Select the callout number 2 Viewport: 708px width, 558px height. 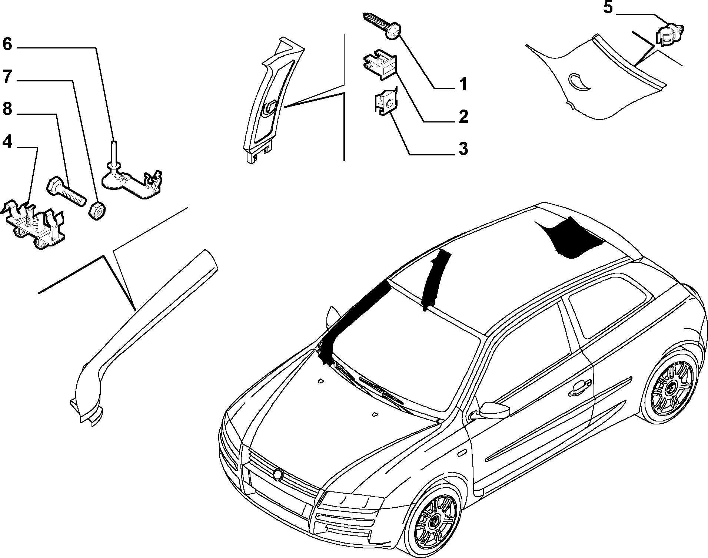coord(463,117)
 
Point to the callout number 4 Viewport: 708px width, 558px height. coord(8,141)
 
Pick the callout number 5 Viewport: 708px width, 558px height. coord(608,8)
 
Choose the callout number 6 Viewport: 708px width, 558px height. coord(7,44)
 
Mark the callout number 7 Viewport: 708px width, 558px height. coord(8,77)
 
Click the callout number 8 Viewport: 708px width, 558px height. coord(8,109)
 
